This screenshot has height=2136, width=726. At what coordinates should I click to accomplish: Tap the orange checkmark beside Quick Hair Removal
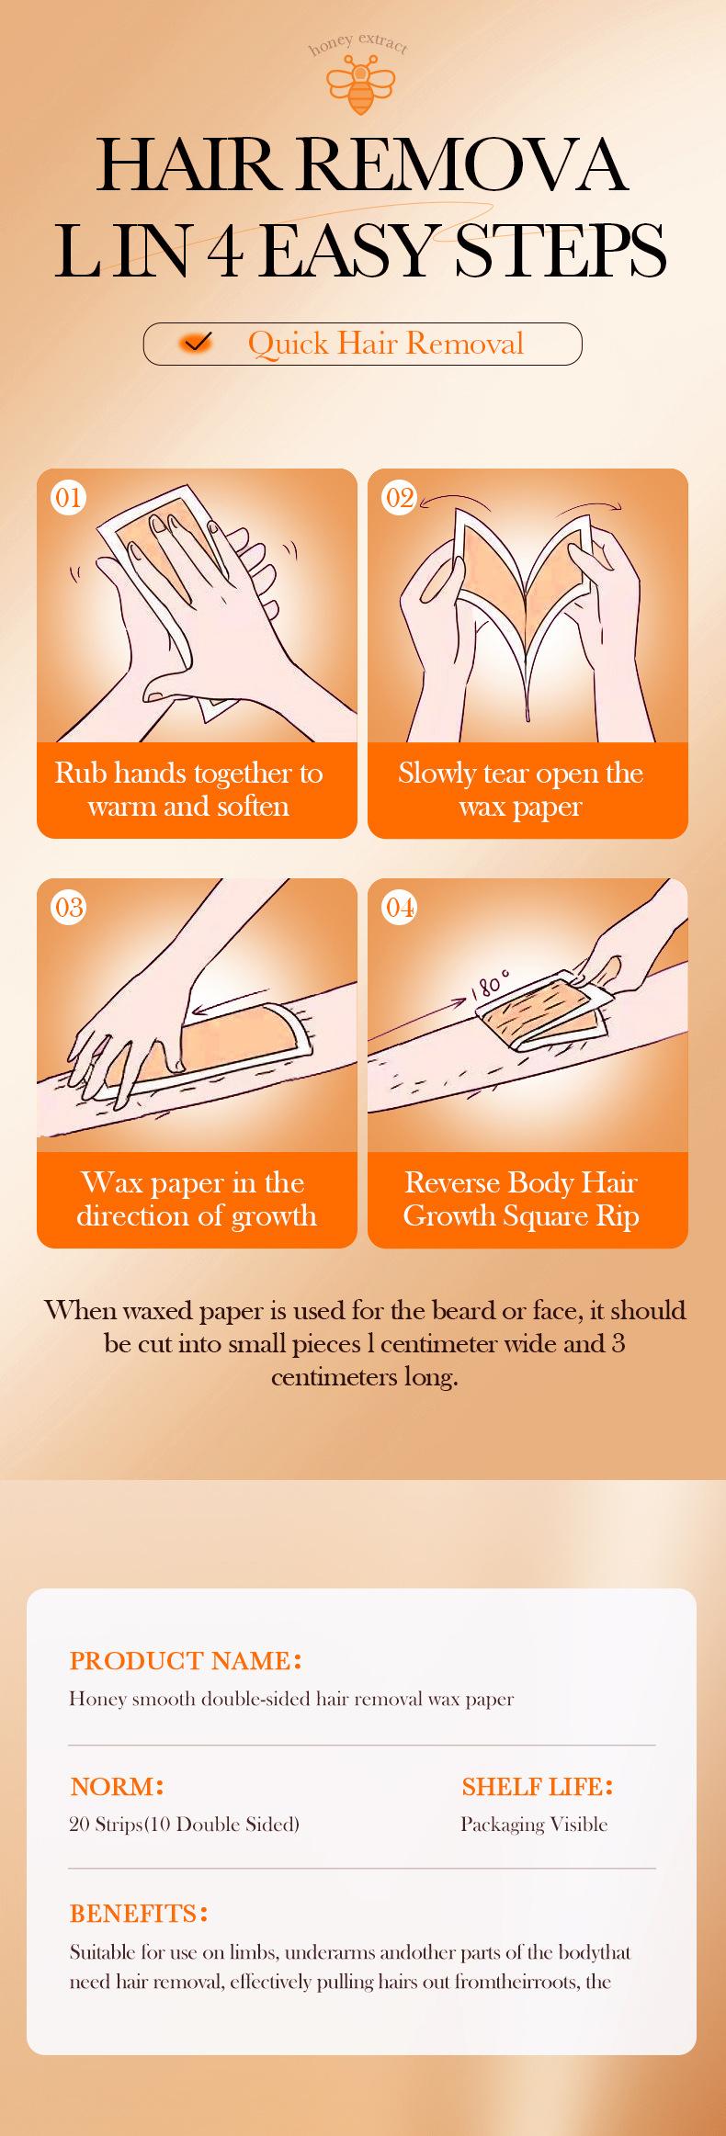point(198,344)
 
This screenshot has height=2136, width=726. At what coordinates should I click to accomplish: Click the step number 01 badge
point(69,498)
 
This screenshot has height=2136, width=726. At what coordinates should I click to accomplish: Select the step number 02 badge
point(400,498)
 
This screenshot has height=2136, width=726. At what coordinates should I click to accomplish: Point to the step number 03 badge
point(69,908)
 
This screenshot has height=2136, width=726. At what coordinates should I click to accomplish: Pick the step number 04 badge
point(400,908)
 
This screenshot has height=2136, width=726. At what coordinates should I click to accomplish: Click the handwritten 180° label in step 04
point(489,986)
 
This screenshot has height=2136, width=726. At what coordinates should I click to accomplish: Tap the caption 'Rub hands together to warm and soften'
point(188,789)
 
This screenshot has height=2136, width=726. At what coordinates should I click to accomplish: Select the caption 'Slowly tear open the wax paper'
point(520,789)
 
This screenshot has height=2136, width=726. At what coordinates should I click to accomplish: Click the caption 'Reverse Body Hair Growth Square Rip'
point(521,1199)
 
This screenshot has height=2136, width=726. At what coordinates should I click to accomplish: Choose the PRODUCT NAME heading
point(186,1660)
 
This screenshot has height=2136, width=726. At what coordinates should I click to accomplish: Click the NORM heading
point(117,1786)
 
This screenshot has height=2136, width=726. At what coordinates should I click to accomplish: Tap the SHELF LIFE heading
point(537,1786)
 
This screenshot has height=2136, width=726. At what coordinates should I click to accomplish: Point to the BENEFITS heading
point(139,1913)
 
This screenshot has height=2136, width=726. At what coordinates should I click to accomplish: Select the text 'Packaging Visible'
point(534,1824)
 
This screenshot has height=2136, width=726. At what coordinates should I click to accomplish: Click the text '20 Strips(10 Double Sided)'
point(185,1824)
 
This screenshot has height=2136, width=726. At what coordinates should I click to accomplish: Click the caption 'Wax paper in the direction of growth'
point(196,1199)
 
